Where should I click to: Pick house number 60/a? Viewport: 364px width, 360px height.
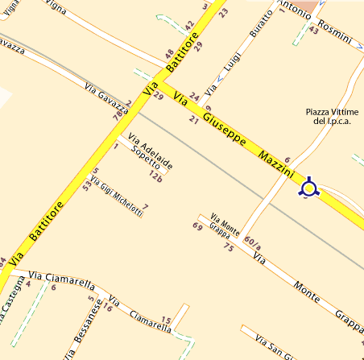click(252, 241)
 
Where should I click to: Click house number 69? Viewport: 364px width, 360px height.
click(197, 226)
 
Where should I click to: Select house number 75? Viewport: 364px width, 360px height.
click(228, 248)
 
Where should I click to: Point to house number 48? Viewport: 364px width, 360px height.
click(169, 54)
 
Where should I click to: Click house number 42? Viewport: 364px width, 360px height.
click(189, 26)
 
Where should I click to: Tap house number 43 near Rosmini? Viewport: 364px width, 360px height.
click(313, 29)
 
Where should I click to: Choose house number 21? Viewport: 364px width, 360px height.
click(193, 120)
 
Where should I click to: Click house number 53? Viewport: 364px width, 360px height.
click(88, 187)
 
